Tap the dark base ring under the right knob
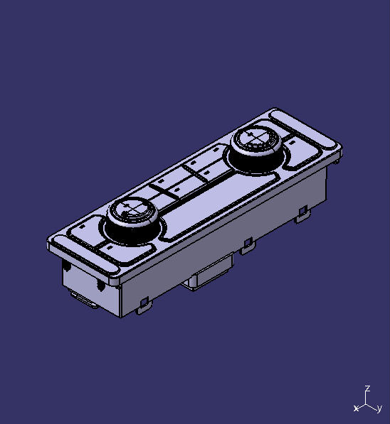257,162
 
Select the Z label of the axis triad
367,388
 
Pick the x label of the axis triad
356,408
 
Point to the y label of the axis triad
380,408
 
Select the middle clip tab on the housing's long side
247,245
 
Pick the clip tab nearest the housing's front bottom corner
144,303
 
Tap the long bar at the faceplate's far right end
306,131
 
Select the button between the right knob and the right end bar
300,157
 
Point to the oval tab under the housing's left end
83,302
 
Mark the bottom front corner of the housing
122,315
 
